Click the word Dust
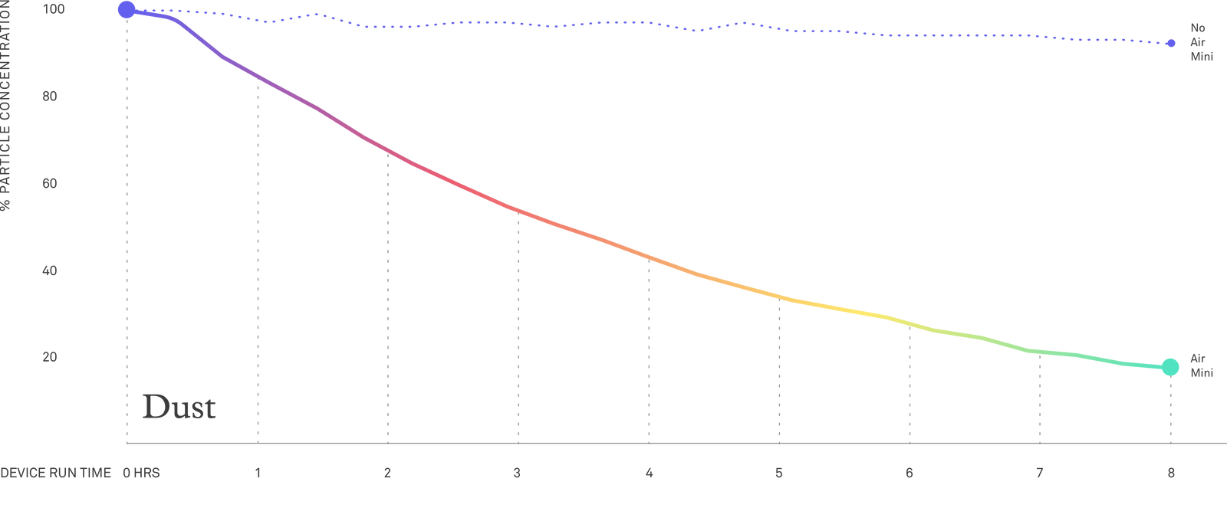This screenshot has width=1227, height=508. pos(179,407)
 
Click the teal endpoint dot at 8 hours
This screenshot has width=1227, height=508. pos(1169,367)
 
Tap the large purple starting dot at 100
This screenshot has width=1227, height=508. pos(127,10)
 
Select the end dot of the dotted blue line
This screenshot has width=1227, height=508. pos(1170,44)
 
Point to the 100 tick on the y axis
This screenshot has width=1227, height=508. pos(53,10)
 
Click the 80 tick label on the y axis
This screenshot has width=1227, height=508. pos(51,97)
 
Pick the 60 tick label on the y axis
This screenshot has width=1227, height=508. pos(51,184)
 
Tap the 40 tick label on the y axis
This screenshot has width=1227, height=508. pos(51,270)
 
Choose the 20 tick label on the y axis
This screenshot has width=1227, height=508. pos(51,357)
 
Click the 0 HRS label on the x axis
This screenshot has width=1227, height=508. pos(142,473)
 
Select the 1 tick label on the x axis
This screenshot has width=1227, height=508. pos(258,473)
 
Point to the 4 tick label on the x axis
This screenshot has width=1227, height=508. pos(649,473)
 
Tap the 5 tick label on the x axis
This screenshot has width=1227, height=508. pos(779,473)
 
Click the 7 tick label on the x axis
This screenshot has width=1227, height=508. pos(1039,473)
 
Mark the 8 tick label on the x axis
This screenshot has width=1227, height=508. pos(1170,473)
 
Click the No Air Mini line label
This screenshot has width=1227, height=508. pos(1200,42)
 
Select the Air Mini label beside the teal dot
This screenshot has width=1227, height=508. pos(1201,366)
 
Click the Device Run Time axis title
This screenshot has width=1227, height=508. pos(56,473)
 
